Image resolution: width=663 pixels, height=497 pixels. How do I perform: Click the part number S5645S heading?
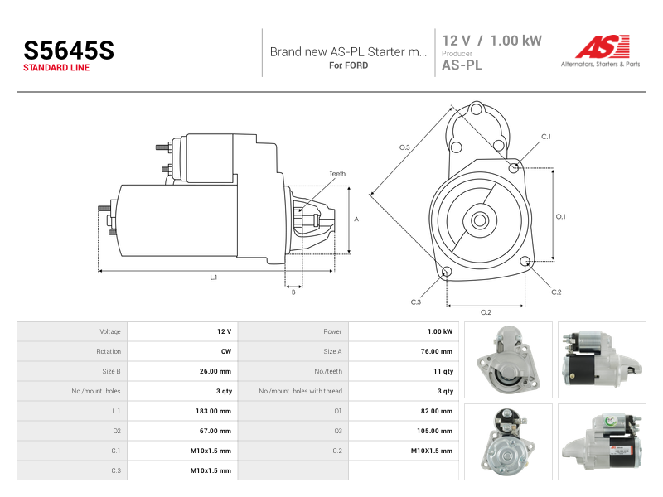tap(69, 51)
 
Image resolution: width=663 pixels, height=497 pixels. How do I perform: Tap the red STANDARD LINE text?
tap(56, 68)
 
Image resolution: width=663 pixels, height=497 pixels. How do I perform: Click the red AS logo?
tap(603, 46)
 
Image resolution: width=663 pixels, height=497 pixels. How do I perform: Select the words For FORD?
tap(348, 65)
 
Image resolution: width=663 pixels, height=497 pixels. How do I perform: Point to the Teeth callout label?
tap(337, 174)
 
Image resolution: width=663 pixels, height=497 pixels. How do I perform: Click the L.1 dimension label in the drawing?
tap(214, 277)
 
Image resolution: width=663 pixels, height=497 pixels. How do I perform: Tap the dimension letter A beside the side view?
tap(356, 219)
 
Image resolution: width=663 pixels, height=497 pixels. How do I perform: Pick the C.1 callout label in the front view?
tap(546, 137)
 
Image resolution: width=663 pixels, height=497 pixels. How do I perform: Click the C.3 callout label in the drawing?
tap(416, 302)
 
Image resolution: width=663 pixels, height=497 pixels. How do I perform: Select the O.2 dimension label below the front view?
tap(486, 312)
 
